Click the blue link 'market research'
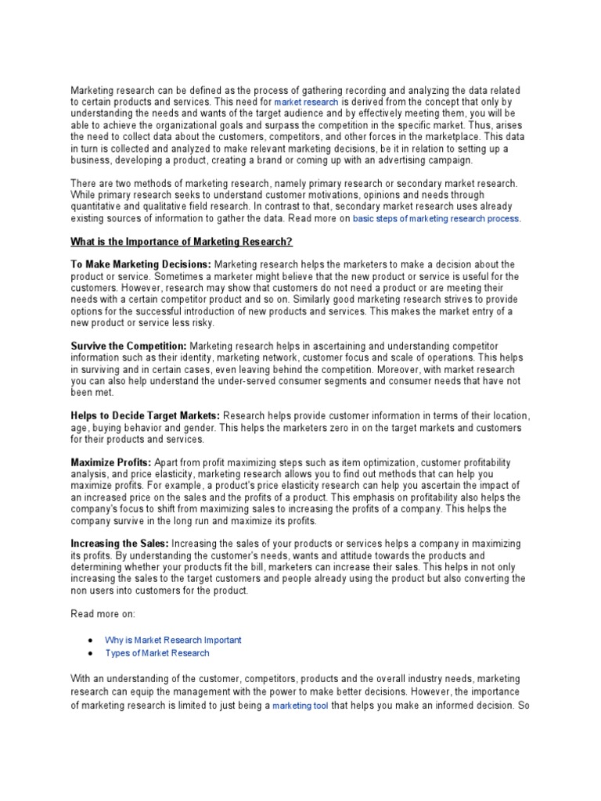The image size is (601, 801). click(x=307, y=102)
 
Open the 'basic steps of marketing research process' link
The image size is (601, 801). click(x=436, y=219)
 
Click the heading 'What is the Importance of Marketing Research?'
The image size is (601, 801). click(x=182, y=242)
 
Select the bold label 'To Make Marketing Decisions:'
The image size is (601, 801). click(x=141, y=265)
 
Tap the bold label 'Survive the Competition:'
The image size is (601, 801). click(x=129, y=347)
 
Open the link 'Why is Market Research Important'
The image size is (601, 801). click(x=173, y=640)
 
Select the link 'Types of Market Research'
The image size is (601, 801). click(x=157, y=653)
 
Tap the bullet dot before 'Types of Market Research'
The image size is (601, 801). click(x=91, y=653)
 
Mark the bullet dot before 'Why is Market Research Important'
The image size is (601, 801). click(x=91, y=640)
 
